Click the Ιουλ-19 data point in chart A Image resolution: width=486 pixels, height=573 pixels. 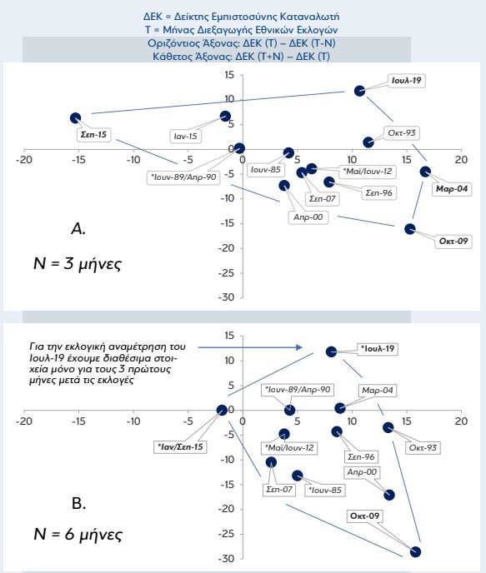click(x=359, y=91)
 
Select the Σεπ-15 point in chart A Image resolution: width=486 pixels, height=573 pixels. click(x=75, y=118)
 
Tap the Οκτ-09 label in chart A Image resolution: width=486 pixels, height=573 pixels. click(x=453, y=242)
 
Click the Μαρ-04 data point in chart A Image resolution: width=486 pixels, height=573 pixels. click(x=425, y=172)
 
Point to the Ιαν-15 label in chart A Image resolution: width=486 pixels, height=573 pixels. click(x=185, y=137)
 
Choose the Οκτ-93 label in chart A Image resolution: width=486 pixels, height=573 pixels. click(x=402, y=132)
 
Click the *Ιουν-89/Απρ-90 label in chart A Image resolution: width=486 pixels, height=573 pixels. click(x=183, y=177)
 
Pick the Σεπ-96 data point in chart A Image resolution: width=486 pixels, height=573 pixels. click(x=329, y=182)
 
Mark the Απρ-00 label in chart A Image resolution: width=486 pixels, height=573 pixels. click(x=308, y=217)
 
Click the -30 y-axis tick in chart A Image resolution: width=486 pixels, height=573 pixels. click(x=226, y=297)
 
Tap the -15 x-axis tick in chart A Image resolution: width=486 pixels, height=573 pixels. click(x=78, y=160)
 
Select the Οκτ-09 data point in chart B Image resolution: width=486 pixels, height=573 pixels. click(x=415, y=552)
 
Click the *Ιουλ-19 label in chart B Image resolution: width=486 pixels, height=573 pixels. click(x=378, y=349)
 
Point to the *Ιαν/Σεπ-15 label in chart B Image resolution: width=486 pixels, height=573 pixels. click(x=180, y=447)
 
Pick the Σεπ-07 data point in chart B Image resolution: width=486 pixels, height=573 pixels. click(x=271, y=462)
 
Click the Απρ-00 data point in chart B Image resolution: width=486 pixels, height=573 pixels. click(x=389, y=496)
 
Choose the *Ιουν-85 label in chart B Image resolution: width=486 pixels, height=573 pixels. click(x=325, y=490)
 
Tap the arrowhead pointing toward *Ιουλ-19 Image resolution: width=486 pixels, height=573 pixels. click(x=299, y=347)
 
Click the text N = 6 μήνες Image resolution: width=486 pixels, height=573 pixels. click(x=78, y=535)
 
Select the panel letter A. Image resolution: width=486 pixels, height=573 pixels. click(x=78, y=229)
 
